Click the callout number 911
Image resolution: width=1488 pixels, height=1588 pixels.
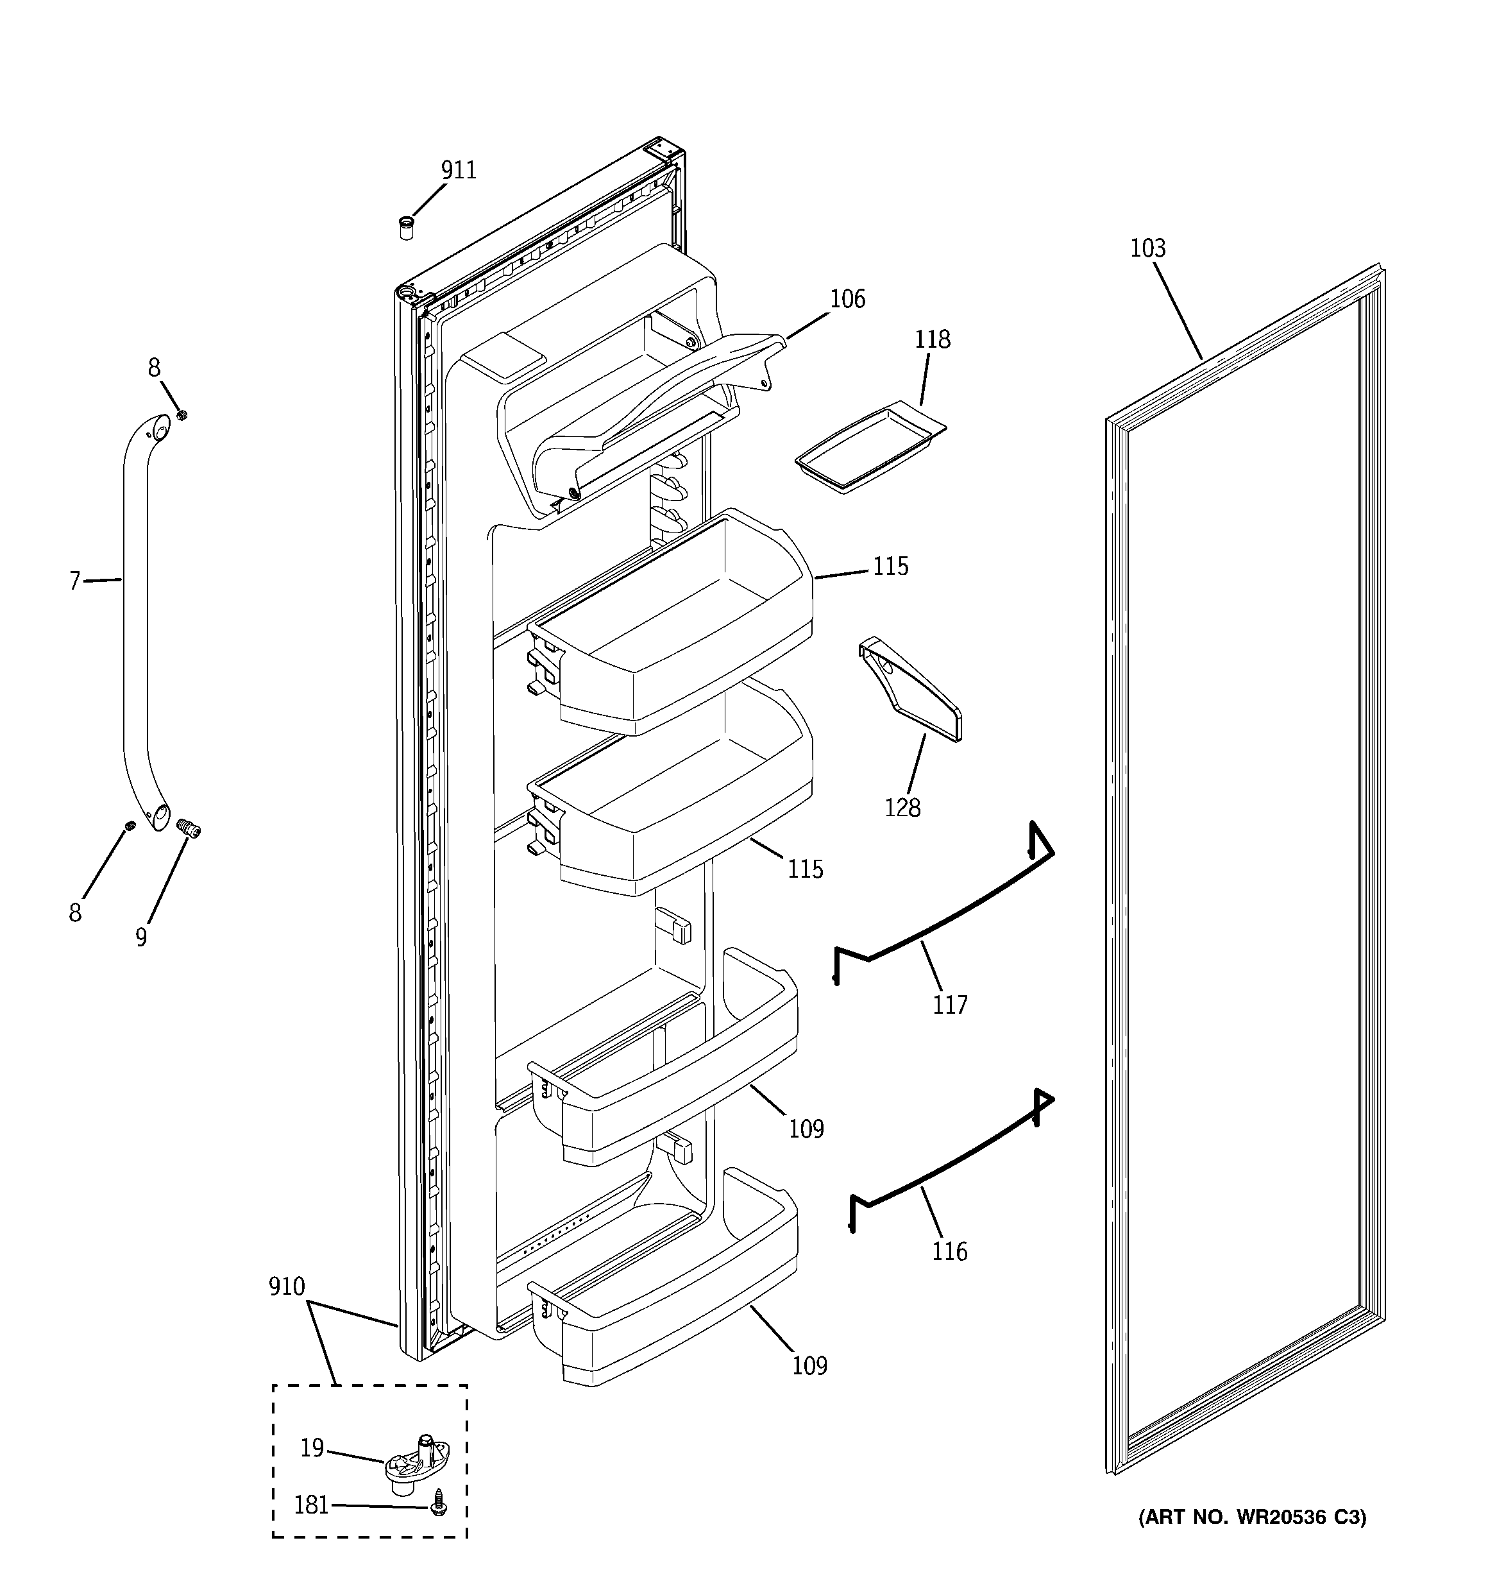click(x=459, y=170)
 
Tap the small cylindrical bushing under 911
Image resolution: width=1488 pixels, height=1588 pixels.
click(x=406, y=228)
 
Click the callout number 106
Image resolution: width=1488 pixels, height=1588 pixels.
click(x=847, y=299)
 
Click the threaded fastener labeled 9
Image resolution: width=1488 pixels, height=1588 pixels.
click(x=189, y=829)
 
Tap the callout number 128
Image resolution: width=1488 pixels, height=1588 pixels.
click(x=902, y=808)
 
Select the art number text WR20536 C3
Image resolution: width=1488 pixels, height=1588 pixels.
click(x=1251, y=1517)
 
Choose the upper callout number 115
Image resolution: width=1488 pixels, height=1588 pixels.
click(x=890, y=567)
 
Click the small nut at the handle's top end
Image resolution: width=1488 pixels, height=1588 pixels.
click(x=182, y=414)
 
